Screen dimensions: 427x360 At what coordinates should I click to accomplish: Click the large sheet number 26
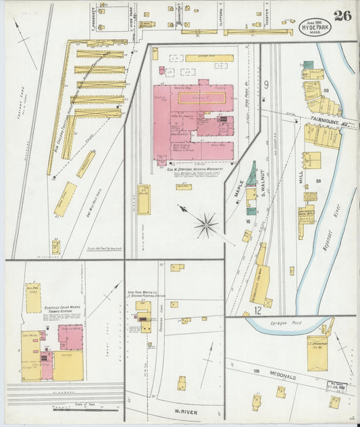tap(342, 16)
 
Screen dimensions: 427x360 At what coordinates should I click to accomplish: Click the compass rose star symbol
tap(206, 224)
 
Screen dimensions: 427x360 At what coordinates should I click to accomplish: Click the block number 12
tap(258, 310)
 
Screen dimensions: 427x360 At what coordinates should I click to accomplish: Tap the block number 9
tap(266, 84)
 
